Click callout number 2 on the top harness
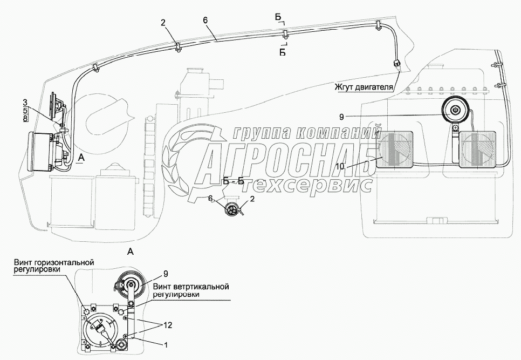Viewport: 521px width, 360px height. tap(162, 23)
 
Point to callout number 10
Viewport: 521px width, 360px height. tap(340, 167)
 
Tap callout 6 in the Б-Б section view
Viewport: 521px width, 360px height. tap(210, 199)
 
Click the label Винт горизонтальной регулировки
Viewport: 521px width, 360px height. tap(54, 266)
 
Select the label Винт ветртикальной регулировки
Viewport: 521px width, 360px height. tap(191, 290)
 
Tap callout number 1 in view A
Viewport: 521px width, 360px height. tap(165, 344)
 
